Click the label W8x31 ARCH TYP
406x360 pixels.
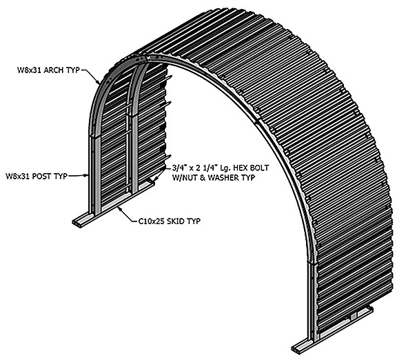(48, 70)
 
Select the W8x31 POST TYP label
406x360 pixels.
(37, 176)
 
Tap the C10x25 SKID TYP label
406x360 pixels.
(170, 221)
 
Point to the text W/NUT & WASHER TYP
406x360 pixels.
(214, 178)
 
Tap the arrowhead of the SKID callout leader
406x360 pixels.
(119, 208)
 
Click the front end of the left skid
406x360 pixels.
(77, 223)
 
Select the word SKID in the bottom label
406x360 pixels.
(176, 221)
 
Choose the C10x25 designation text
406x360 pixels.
(152, 221)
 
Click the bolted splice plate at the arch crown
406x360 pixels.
(141, 59)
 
